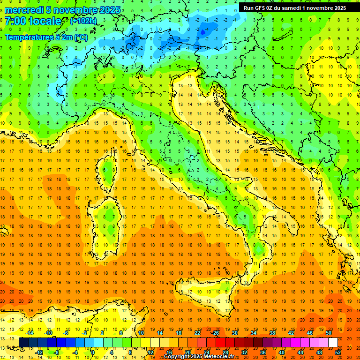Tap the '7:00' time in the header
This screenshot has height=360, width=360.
coord(15,21)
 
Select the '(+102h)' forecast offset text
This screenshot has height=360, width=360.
coord(83,21)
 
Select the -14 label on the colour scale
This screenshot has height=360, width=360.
coord(30,333)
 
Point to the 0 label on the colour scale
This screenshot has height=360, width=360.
coord(93,352)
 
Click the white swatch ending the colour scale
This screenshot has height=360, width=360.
coord(333,343)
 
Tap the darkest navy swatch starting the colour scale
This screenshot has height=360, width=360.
coord(24,343)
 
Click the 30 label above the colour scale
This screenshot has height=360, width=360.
coord(234,333)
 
